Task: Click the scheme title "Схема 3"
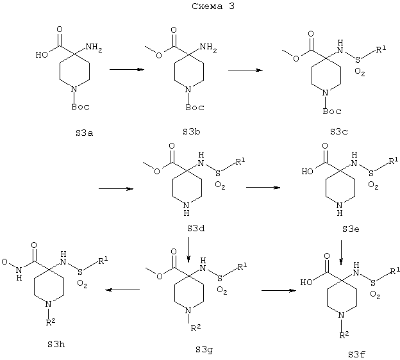(213, 6)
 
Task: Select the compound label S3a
(84, 133)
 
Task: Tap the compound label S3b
(191, 131)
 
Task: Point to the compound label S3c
(338, 131)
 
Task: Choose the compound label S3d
(196, 229)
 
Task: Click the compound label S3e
(351, 229)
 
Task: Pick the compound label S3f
(356, 354)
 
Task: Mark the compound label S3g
(204, 350)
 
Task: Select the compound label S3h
(56, 345)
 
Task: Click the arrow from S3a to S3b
(127, 69)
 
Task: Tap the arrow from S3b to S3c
(246, 70)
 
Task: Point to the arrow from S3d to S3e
(263, 188)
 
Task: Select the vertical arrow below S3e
(341, 252)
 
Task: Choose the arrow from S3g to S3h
(122, 290)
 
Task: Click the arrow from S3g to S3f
(279, 290)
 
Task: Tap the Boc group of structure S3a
(80, 106)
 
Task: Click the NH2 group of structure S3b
(208, 48)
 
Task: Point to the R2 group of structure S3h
(51, 322)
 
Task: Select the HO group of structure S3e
(307, 171)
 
